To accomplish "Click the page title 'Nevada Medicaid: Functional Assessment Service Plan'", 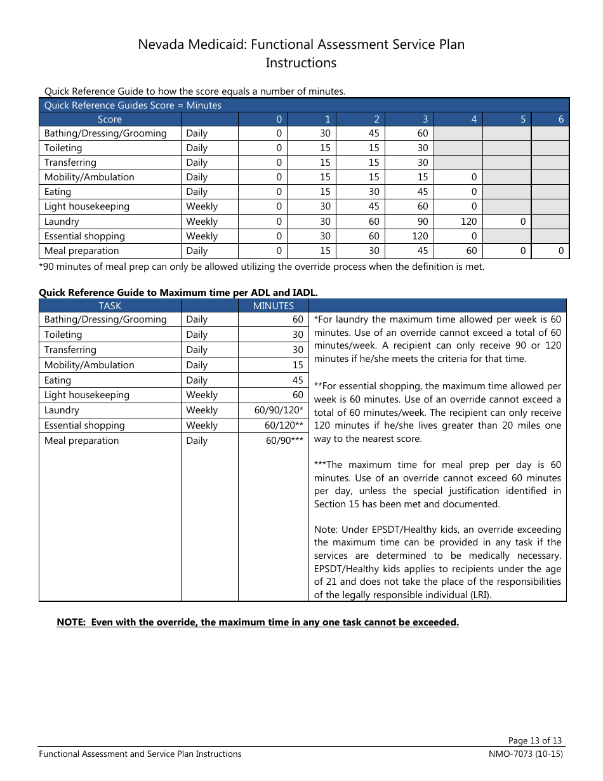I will coord(301,44).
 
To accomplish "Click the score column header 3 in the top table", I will coord(425,119).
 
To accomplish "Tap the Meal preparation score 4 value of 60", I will coord(471,251).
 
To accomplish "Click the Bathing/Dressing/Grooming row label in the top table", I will coord(105,133).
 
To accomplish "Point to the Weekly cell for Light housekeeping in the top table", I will coord(202,206).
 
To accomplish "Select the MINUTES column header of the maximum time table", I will coord(274,306).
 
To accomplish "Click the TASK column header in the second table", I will coord(110,306).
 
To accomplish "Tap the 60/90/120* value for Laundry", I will coord(279,410).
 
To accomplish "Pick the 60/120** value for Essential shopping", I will coord(284,425).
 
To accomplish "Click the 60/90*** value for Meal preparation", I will coord(284,441).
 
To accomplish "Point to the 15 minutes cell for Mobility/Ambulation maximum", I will coord(297,365).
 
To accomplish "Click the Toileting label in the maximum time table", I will coord(63,335).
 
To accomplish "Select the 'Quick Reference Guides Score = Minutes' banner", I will coord(133,105).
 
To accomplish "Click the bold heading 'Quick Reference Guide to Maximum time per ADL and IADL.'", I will coord(178,293).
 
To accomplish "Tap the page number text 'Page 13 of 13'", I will coord(535,740).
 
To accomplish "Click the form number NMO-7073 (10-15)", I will coord(522,754).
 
